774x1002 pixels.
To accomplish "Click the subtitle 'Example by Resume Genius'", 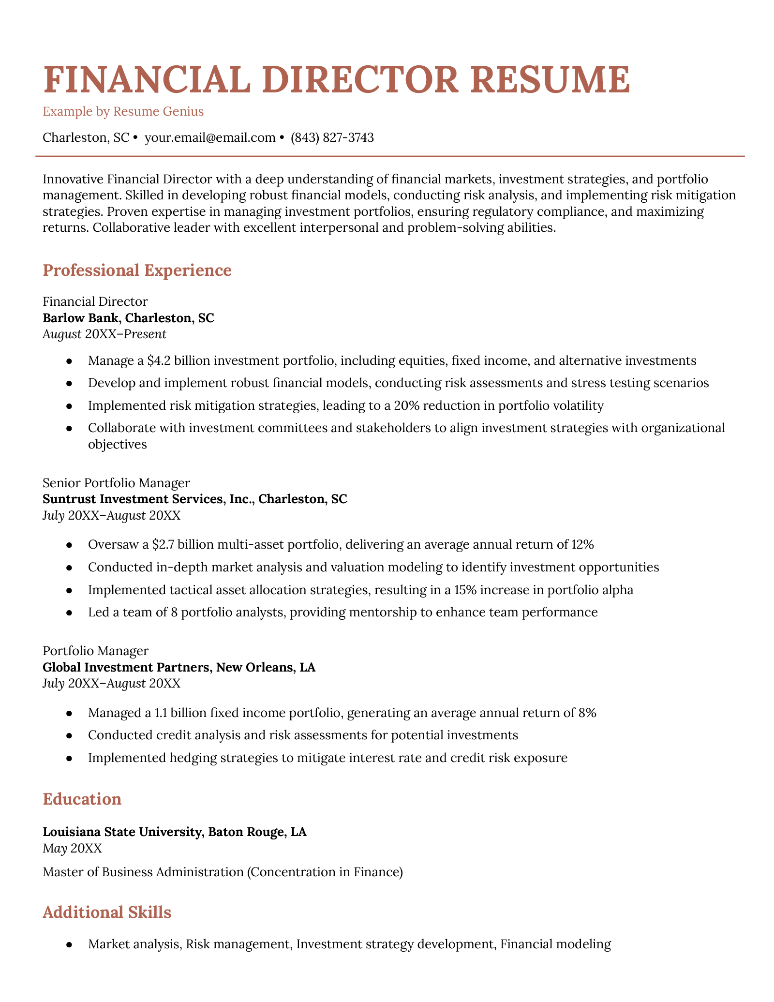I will click(123, 112).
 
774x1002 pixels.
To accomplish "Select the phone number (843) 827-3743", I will click(332, 138).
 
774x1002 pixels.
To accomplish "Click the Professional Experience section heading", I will click(137, 270).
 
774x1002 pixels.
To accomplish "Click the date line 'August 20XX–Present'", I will click(104, 334).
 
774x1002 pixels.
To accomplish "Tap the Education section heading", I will click(82, 799).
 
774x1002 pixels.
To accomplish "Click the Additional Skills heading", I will click(107, 912).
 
